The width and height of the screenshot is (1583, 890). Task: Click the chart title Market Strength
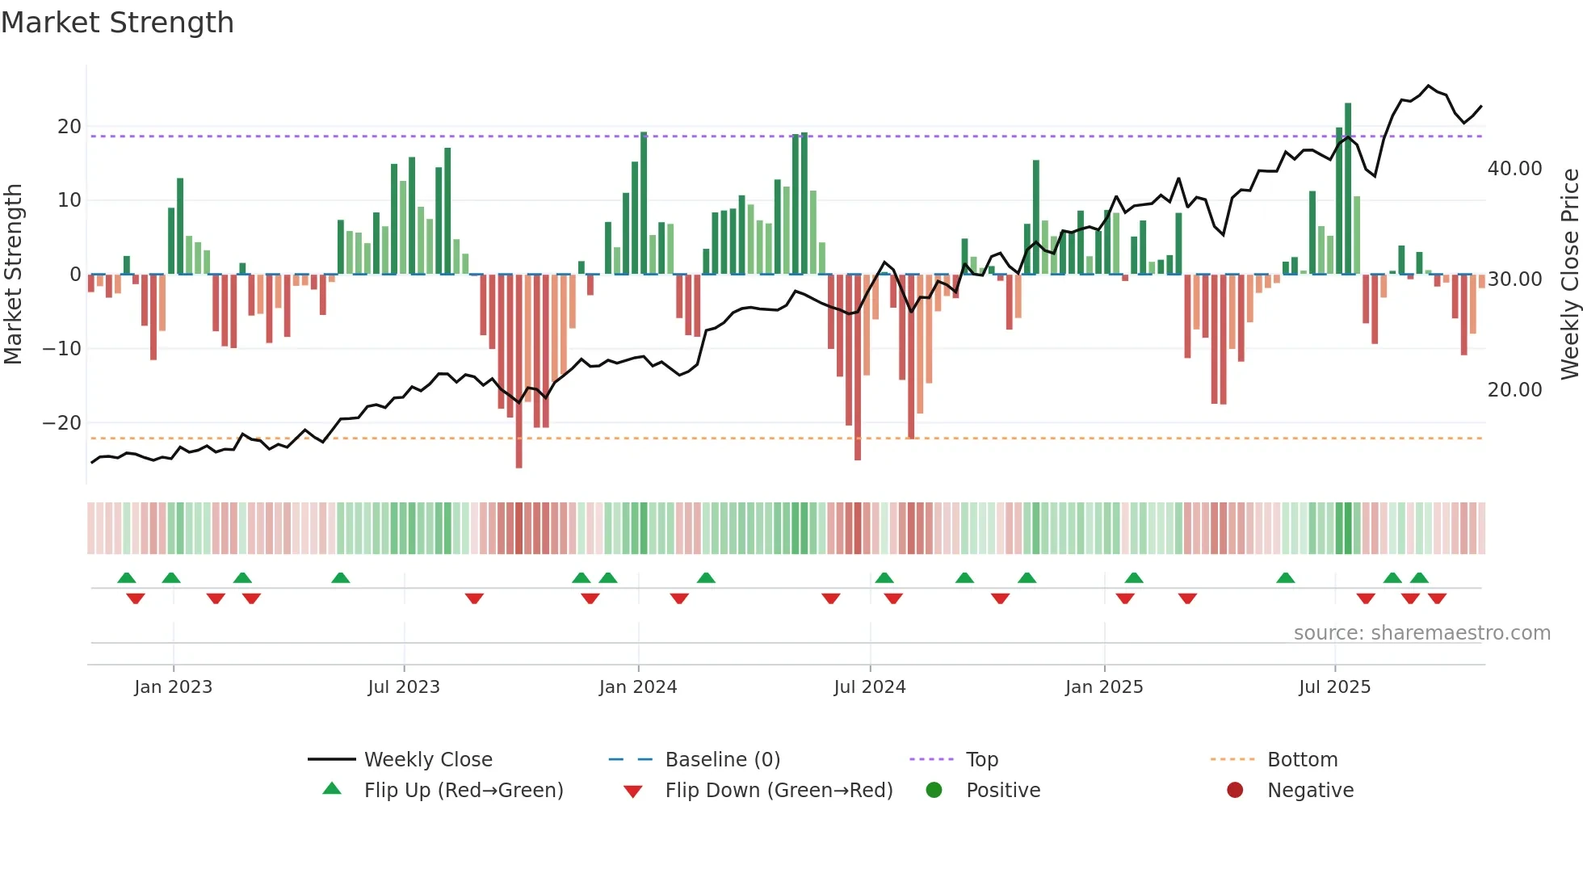117,23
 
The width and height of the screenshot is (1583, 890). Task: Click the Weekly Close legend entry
427,759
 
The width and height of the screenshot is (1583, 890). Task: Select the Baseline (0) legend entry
722,759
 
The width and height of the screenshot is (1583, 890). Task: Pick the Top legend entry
981,759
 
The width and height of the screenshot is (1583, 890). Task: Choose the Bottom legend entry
1302,759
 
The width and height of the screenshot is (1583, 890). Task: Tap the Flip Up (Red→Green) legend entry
463,790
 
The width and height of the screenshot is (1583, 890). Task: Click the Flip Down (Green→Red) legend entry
779,790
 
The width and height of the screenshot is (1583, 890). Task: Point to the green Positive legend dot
934,790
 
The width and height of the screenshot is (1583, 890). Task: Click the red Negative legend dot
1235,790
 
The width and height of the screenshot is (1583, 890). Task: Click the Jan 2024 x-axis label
638,686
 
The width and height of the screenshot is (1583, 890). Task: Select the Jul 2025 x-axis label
1334,686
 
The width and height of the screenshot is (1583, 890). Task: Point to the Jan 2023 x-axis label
173,686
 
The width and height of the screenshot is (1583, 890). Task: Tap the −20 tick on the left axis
61,422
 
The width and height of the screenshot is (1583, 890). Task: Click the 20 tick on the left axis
69,126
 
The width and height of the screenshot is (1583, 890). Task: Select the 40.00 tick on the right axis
1514,168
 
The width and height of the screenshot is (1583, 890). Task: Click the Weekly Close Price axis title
1569,275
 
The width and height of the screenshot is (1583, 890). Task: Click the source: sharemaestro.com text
1421,632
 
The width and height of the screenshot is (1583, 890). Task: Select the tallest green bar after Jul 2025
1348,186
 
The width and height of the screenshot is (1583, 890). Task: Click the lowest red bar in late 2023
519,372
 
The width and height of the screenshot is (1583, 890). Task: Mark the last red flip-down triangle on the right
1437,598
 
